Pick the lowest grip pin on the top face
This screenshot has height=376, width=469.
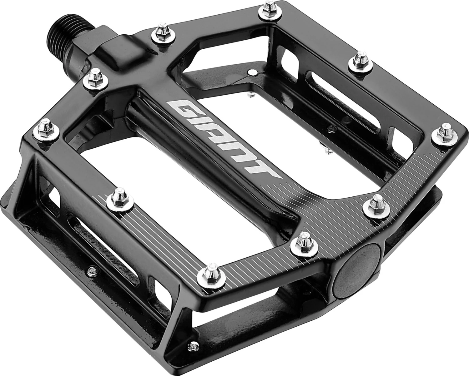click(212, 271)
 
